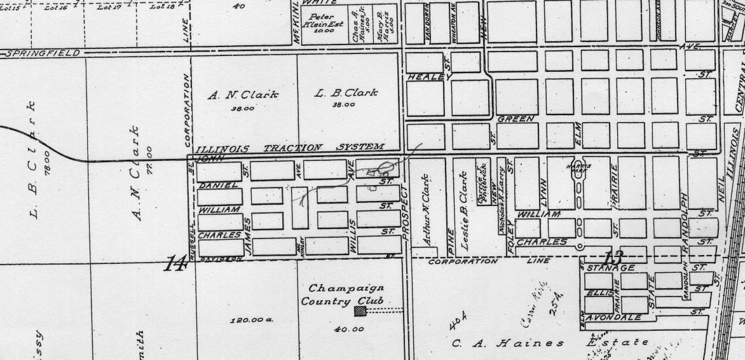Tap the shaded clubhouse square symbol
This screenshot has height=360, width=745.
360,311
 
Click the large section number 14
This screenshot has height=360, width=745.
173,263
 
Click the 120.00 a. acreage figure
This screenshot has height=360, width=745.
251,320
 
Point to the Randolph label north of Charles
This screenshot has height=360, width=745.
685,213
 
